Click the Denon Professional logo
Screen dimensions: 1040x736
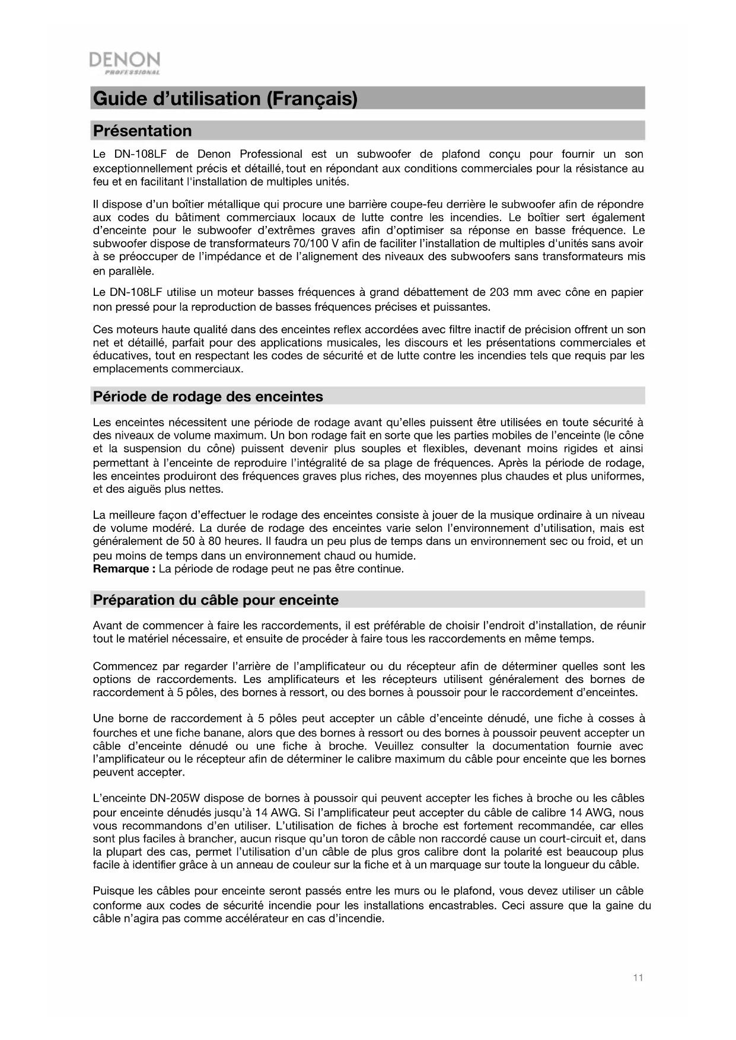pyautogui.click(x=124, y=63)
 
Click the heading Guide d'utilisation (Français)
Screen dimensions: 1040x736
pyautogui.click(x=225, y=98)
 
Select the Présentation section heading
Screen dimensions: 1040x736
pyautogui.click(x=142, y=131)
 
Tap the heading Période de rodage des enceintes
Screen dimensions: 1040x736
pyautogui.click(x=208, y=397)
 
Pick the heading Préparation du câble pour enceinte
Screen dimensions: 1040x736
pyautogui.click(x=216, y=600)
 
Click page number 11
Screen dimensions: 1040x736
pyautogui.click(x=638, y=978)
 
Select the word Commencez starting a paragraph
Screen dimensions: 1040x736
pyautogui.click(x=125, y=666)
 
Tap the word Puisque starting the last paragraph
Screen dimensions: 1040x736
pyautogui.click(x=113, y=891)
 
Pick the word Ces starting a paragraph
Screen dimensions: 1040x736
pyautogui.click(x=103, y=330)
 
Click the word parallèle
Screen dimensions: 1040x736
pyautogui.click(x=130, y=272)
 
